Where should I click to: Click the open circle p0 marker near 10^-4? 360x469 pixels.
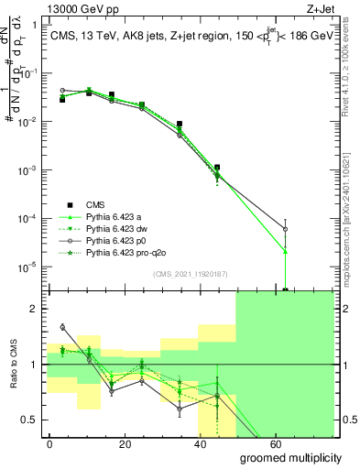point(287,229)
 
